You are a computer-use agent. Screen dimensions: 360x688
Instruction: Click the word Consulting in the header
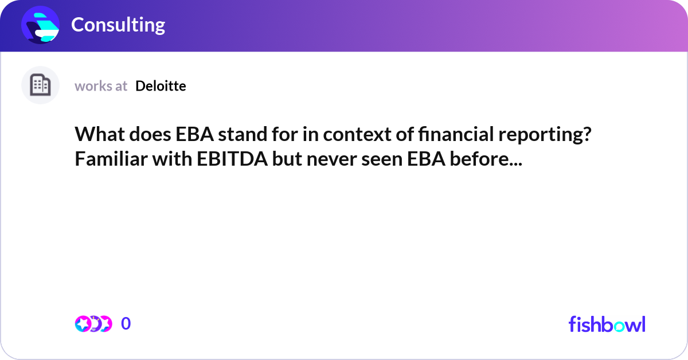tap(118, 25)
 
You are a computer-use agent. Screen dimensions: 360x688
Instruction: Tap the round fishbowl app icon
tap(41, 25)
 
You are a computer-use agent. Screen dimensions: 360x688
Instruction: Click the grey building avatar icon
tap(40, 85)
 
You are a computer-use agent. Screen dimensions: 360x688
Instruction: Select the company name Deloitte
tap(161, 86)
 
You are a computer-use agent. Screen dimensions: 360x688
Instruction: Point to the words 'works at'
tap(101, 86)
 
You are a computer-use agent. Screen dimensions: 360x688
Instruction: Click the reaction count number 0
tap(126, 324)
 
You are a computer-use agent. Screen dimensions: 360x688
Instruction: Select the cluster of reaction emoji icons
tap(93, 324)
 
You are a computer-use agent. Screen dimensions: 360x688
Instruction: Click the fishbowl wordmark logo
tap(607, 324)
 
